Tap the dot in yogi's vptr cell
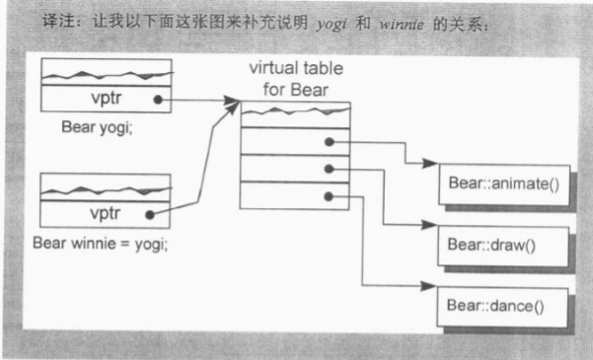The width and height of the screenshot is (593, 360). tap(158, 100)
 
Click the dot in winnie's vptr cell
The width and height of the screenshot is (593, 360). tap(150, 212)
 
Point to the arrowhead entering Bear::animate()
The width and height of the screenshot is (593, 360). tap(434, 163)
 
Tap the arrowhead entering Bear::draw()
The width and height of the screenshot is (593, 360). tap(434, 224)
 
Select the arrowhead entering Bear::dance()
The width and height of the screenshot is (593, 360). tap(434, 286)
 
